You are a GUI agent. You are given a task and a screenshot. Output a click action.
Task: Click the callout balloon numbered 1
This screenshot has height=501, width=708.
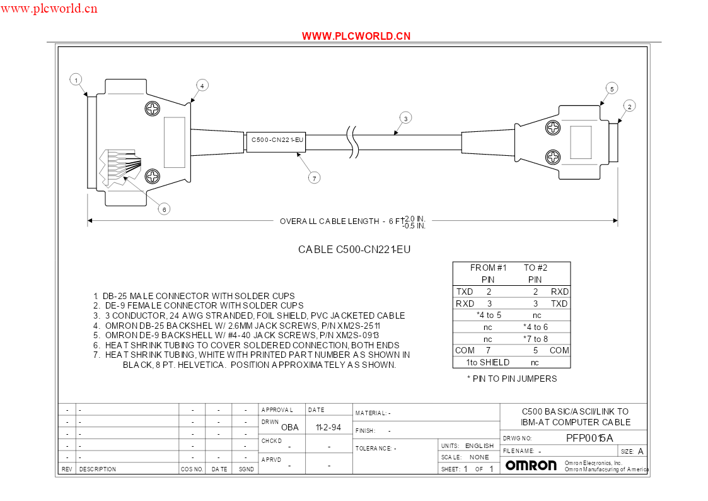tap(76, 80)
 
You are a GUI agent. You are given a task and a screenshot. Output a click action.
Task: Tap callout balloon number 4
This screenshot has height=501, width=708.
tap(202, 85)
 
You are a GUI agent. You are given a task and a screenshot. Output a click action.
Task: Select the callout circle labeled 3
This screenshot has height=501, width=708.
tap(405, 119)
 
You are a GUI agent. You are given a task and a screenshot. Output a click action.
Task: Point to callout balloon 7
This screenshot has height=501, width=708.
tap(314, 178)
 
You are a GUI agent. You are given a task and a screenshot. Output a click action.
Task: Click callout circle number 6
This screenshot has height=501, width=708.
tap(164, 209)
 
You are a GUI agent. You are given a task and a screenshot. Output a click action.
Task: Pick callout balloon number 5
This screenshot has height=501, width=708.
tap(612, 88)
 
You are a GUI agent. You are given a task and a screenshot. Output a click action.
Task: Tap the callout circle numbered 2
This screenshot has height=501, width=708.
tap(629, 106)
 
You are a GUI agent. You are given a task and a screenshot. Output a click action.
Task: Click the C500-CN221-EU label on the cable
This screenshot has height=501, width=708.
tap(277, 140)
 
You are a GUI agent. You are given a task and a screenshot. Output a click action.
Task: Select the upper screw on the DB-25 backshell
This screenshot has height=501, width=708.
tap(153, 109)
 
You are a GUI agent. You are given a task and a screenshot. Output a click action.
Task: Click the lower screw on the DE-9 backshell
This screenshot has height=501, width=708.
tap(553, 157)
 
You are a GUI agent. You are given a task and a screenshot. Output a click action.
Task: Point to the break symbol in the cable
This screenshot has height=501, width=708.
tap(352, 141)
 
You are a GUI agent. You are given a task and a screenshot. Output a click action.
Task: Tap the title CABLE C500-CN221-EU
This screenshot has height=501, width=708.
tap(354, 249)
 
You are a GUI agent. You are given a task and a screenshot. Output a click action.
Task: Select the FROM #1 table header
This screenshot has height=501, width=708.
tap(488, 268)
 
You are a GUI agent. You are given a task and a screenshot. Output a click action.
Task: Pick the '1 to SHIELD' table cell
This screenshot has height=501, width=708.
tap(487, 362)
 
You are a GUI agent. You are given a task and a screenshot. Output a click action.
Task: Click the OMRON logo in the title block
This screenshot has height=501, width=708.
tap(531, 465)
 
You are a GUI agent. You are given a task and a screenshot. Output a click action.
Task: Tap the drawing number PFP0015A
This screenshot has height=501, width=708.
tap(589, 438)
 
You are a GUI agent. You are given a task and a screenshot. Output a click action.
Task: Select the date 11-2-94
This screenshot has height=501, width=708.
tap(328, 427)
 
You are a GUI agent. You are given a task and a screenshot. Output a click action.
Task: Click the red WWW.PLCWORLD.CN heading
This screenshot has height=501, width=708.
tap(356, 36)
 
